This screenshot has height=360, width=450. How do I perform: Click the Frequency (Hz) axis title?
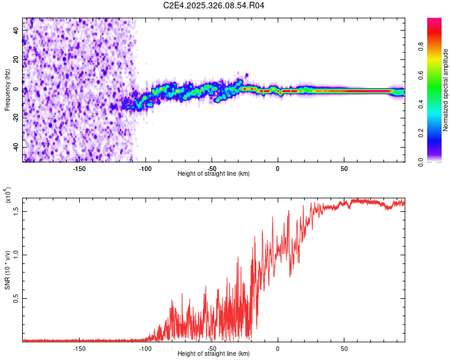[x=7, y=90]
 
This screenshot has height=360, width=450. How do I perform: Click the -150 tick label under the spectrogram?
[x=79, y=168]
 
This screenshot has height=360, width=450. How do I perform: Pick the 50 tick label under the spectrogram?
[x=344, y=168]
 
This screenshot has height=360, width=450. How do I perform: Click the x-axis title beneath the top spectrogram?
[x=214, y=174]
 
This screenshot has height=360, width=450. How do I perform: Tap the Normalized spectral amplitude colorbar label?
[x=446, y=90]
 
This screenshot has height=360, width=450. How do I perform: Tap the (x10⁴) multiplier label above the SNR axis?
[x=8, y=196]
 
